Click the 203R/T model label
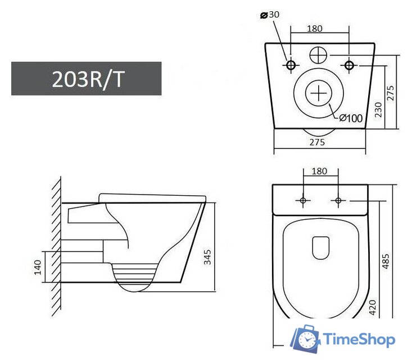pos(87,79)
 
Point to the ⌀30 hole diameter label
pos(270,15)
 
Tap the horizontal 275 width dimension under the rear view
pos(318,142)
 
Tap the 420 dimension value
pos(372,307)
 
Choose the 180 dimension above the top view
pos(319,170)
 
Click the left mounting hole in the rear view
pos(291,66)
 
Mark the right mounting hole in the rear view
pos(349,66)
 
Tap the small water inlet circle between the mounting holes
pos(318,55)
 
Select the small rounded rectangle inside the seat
pos(320,248)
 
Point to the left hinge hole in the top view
pos(302,200)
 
